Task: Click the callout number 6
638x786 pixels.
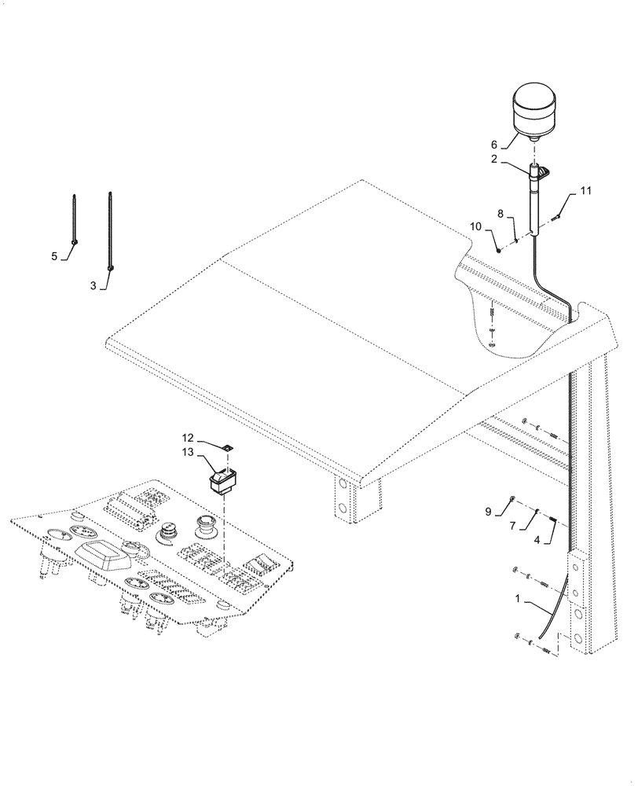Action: (494, 145)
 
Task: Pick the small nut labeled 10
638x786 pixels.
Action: (498, 249)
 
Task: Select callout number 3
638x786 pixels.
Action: (93, 286)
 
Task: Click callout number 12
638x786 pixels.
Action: (188, 437)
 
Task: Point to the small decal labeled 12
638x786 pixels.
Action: (226, 446)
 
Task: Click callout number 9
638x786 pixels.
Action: (488, 512)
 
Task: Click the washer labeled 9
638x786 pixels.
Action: (512, 498)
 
